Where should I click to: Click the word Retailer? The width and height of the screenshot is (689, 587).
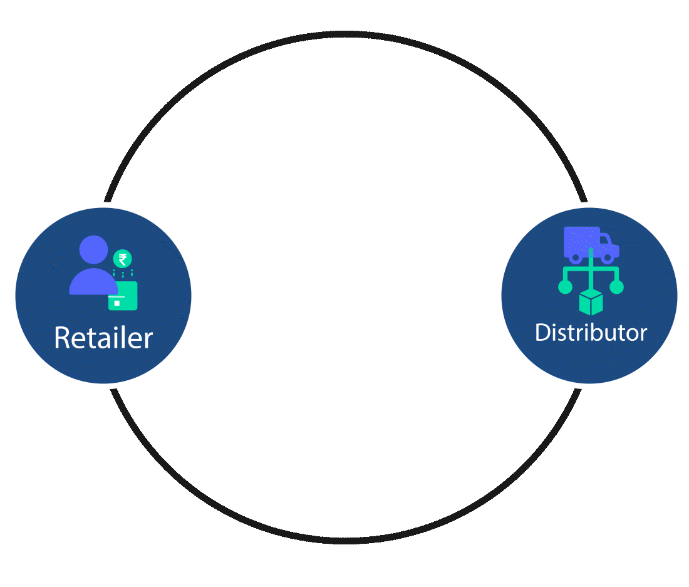(103, 338)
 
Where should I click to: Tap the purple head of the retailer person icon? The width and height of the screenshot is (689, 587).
(94, 249)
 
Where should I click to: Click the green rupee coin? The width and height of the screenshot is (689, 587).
(122, 259)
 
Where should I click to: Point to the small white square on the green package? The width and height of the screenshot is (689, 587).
(117, 303)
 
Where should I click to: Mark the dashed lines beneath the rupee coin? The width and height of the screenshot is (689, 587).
(123, 274)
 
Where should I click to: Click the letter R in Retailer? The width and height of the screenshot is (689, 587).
(61, 338)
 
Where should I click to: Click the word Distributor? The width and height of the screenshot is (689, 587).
(591, 332)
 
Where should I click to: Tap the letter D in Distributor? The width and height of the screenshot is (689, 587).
(543, 332)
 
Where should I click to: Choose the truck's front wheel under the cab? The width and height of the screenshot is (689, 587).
(606, 257)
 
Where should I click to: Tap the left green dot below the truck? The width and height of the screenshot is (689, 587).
(565, 287)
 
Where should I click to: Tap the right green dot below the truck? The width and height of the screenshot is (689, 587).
(617, 287)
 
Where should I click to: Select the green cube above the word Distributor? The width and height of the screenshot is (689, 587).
(591, 303)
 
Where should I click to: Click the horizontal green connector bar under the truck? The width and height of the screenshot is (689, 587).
(591, 269)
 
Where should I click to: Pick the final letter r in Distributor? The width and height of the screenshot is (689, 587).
(643, 334)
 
